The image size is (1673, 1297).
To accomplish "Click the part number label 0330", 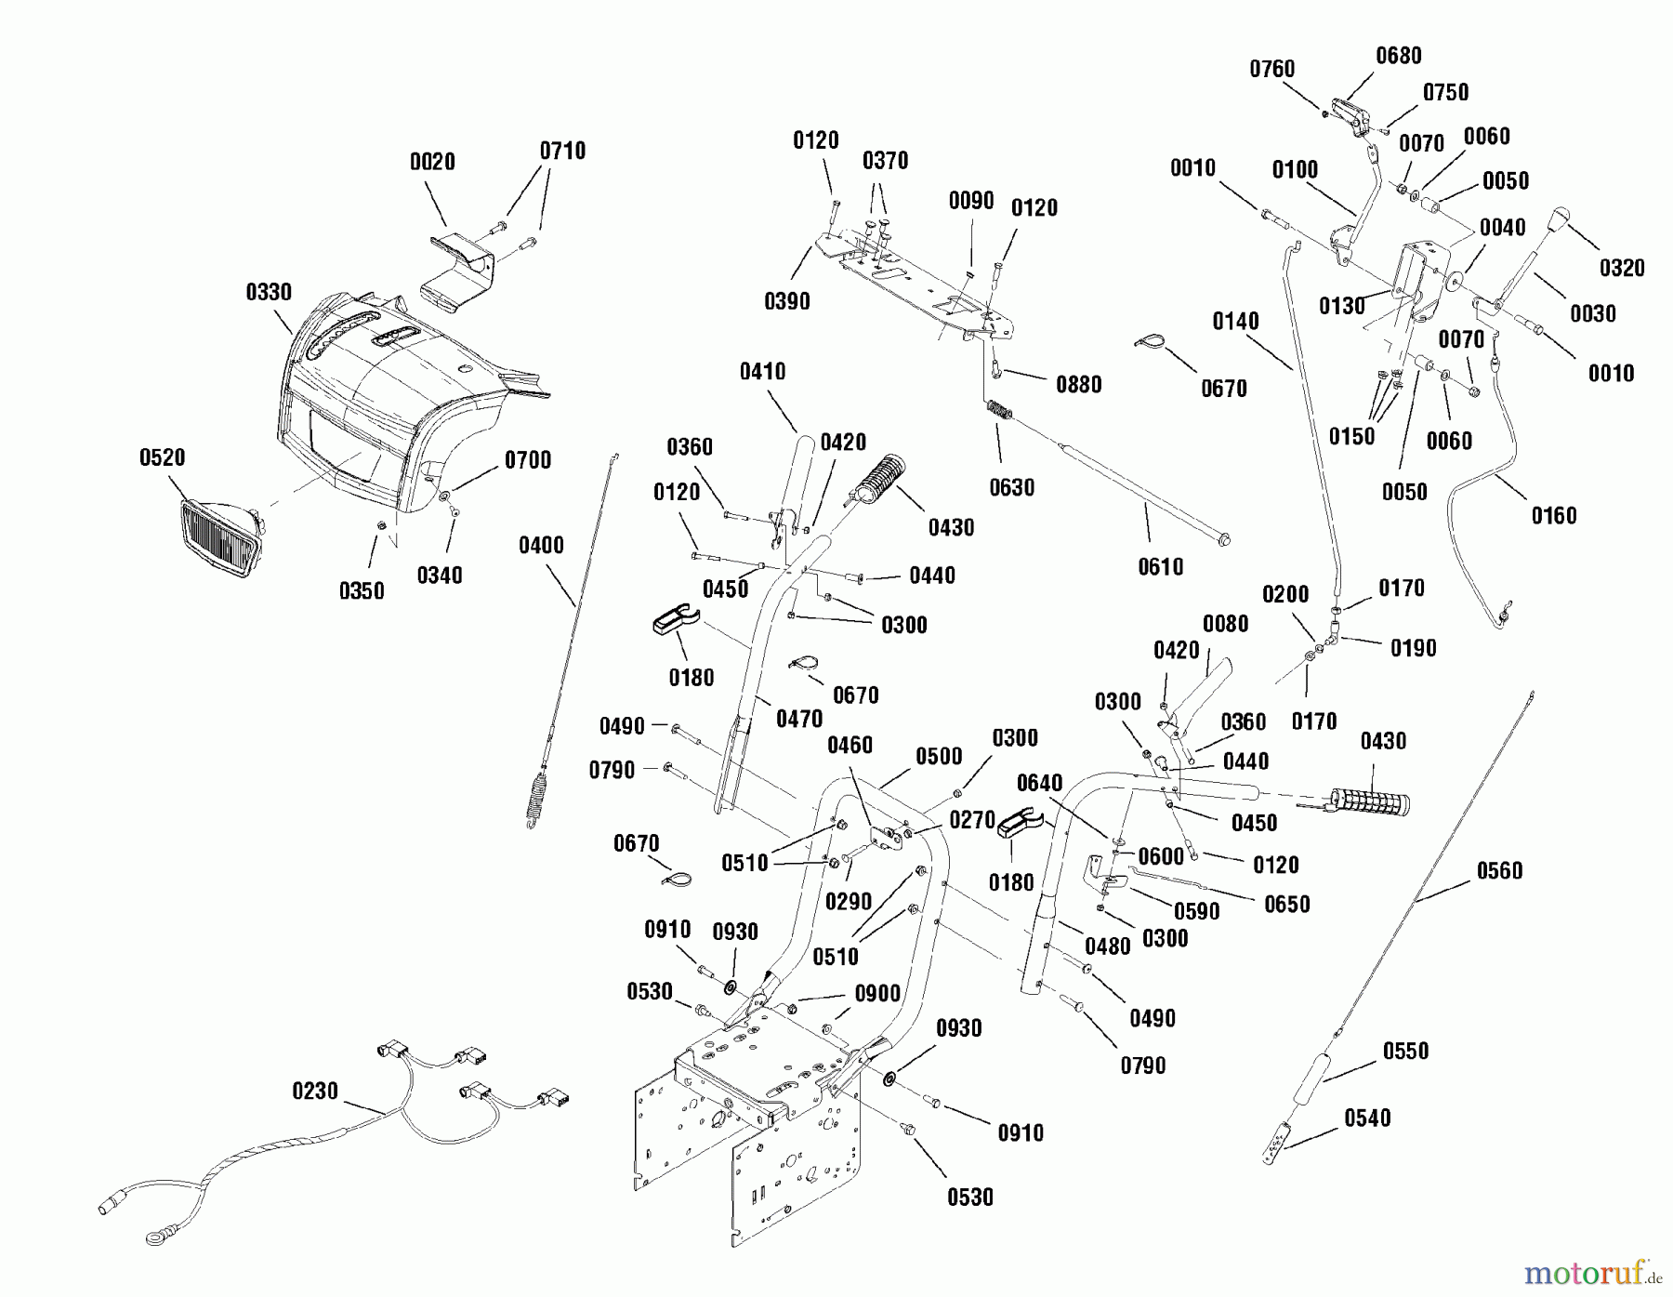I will pos(269,293).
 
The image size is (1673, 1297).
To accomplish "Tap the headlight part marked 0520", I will pos(220,538).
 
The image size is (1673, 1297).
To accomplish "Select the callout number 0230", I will pos(315,1091).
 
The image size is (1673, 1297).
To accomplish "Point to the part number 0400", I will pos(541,546).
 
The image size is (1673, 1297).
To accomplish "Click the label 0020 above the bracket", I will pos(432,162).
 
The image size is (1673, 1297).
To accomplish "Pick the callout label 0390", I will pos(787,301).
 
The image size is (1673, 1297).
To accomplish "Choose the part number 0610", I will pos(1161,566).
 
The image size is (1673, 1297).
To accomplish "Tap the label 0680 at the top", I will pos(1399,56).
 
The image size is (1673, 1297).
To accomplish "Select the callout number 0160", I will pos(1554,515).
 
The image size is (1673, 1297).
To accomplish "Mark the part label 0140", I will pos(1236,322).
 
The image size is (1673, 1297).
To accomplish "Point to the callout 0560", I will pos(1500,870).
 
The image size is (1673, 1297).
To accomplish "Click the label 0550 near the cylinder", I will pos(1406,1051).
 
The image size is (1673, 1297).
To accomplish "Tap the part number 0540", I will pos(1367,1118).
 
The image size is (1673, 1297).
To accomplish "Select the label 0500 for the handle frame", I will pos(939,757).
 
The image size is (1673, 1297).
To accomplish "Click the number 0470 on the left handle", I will pos(799,719).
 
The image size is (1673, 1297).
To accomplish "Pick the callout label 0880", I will pos(1078,384).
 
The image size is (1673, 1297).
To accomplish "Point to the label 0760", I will pos(1272,69).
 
